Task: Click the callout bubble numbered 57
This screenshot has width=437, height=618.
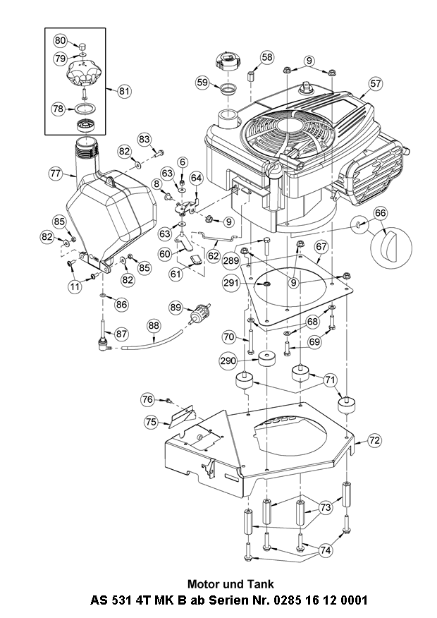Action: (376, 83)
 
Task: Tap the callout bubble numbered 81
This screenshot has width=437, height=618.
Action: (124, 91)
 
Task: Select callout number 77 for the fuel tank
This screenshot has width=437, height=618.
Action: (56, 174)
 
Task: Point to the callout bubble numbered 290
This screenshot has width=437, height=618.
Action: (228, 361)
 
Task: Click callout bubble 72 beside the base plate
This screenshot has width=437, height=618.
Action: (374, 440)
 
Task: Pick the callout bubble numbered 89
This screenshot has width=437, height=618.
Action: (176, 308)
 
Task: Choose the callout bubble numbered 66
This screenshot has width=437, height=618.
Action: (381, 213)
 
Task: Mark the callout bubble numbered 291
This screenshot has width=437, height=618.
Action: (231, 283)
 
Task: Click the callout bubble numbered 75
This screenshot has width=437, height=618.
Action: (151, 422)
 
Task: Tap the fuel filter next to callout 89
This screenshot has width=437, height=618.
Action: (199, 313)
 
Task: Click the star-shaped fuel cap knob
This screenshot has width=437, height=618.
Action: (84, 73)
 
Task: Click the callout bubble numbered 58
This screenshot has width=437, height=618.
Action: (266, 57)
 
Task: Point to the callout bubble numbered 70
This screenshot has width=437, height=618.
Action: (229, 337)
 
